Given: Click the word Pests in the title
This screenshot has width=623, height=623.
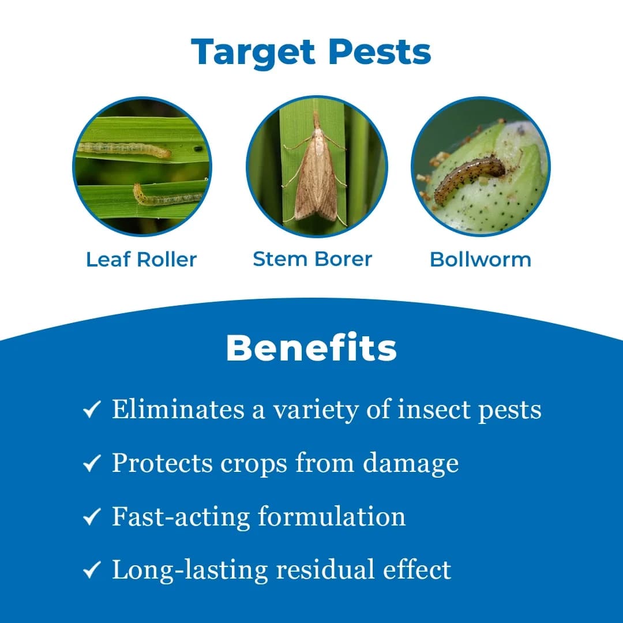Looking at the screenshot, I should [380, 52].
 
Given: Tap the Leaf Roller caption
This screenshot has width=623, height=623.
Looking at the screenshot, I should [141, 260].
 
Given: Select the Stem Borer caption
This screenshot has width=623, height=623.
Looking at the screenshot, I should [312, 259].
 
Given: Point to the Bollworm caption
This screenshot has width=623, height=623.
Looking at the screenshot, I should [481, 260].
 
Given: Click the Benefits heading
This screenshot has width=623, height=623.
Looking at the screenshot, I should [311, 348].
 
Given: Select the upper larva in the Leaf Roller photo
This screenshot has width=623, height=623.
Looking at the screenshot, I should [124, 149].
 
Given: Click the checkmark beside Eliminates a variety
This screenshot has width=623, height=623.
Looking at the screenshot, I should [92, 410].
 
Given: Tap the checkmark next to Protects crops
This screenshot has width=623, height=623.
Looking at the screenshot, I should [92, 464].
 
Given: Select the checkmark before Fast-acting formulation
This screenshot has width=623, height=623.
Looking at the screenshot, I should [92, 517].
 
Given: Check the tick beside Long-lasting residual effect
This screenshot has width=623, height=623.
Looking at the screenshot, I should [92, 571].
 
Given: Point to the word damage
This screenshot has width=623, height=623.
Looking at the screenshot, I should [411, 463].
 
